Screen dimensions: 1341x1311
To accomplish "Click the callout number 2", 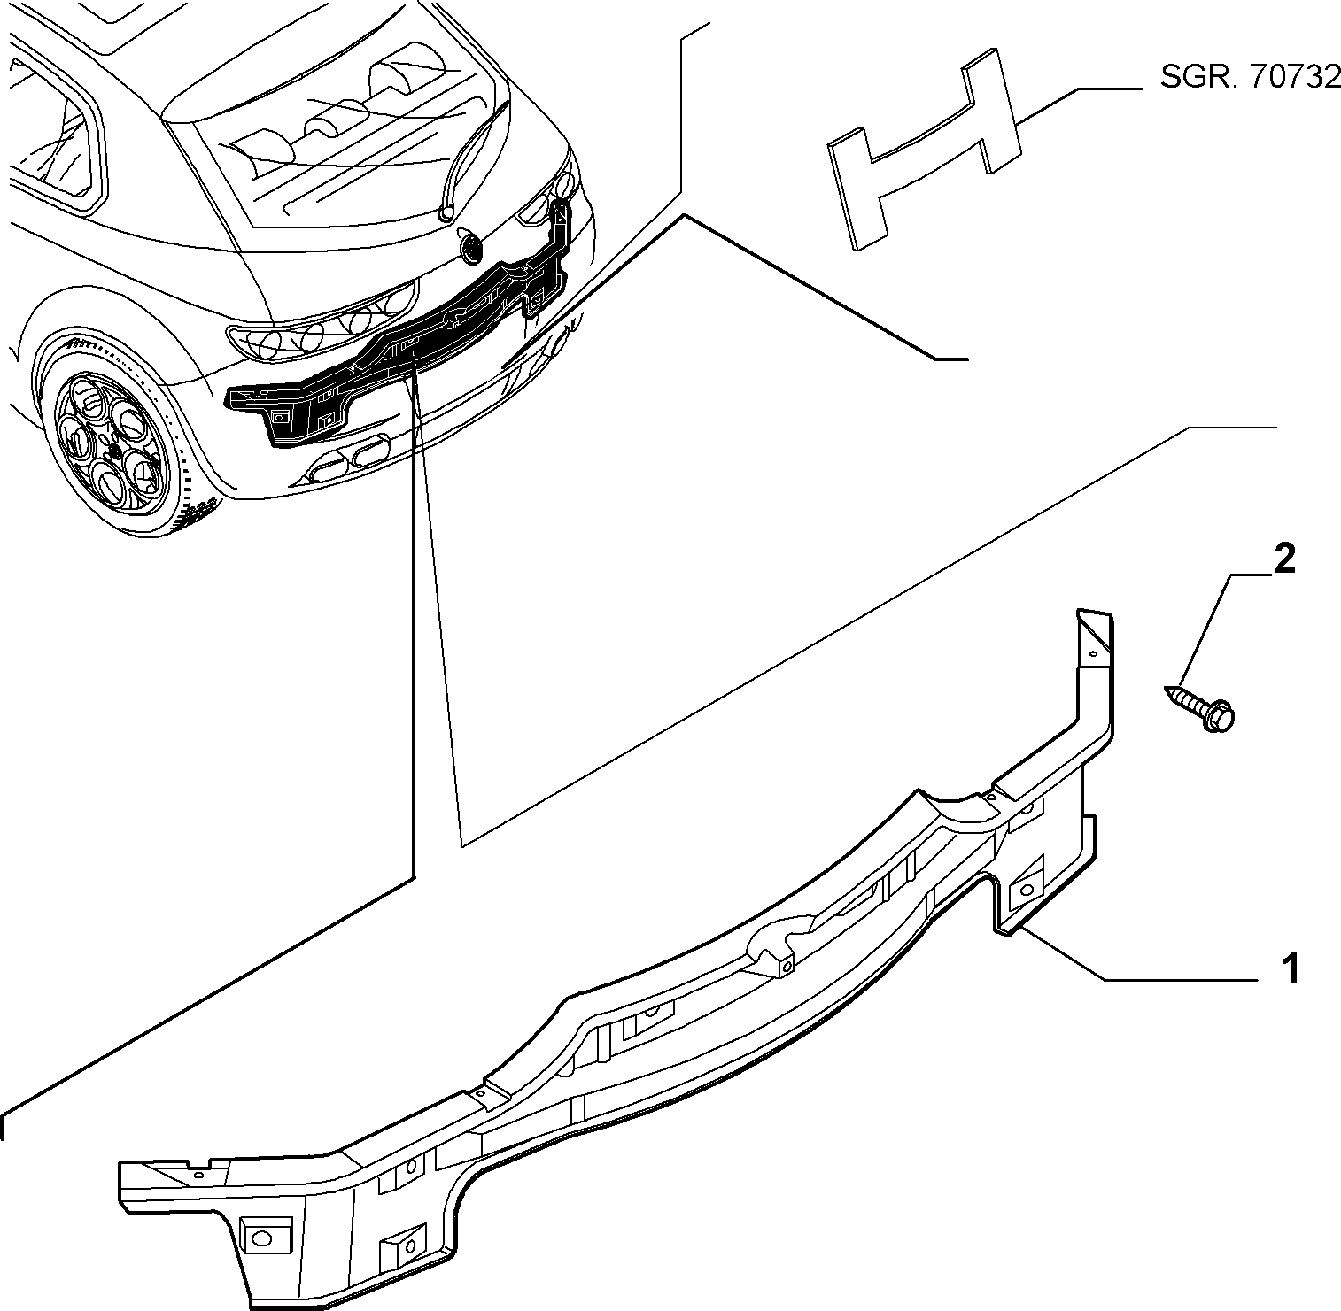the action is click(1283, 559).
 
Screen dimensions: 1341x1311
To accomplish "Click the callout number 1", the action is click(1292, 968).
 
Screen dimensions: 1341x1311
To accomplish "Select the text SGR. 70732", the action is click(1250, 78).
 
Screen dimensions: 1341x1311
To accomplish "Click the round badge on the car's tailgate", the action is click(470, 248).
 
